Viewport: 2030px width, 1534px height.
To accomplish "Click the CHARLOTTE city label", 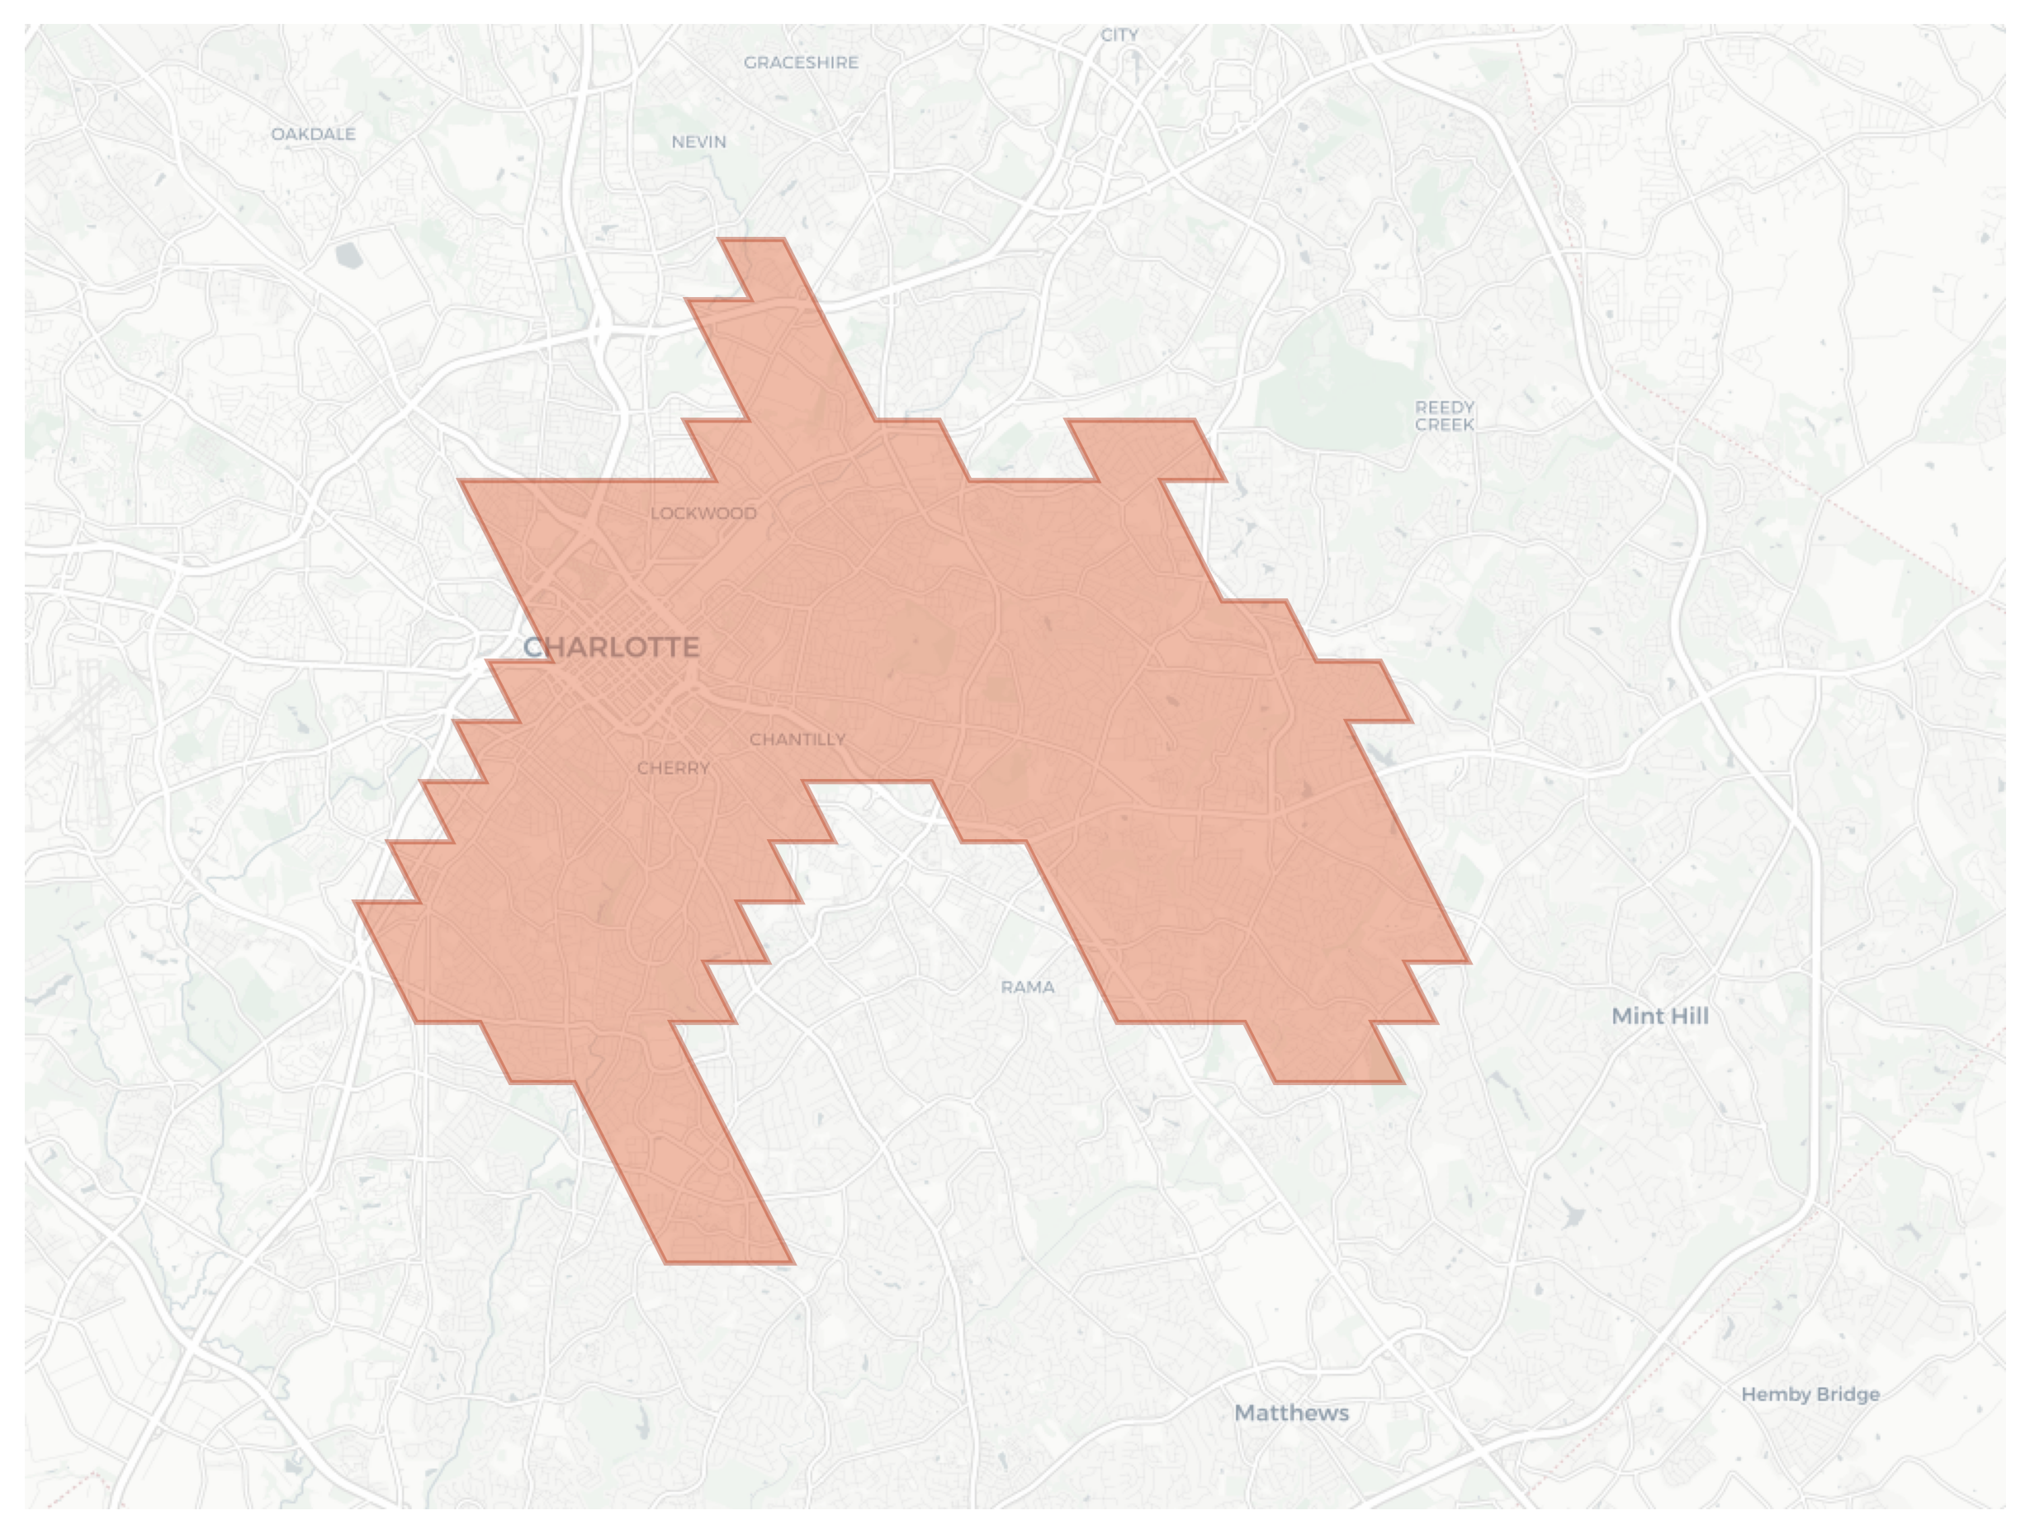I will coord(611,648).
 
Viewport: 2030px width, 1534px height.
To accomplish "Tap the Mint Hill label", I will coord(1660,1017).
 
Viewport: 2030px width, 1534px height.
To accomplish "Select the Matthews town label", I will coord(1291,1413).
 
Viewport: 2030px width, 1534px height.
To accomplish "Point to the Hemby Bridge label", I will coord(1810,1395).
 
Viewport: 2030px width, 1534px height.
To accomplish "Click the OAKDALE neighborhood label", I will coord(313,134).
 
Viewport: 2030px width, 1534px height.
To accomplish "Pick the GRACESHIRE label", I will coord(800,63).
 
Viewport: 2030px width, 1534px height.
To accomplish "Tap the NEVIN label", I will coord(698,142).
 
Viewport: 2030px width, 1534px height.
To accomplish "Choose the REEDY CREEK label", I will coord(1445,416).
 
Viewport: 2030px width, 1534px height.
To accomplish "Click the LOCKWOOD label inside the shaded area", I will coord(704,514).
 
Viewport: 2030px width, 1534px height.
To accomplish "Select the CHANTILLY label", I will coord(797,739).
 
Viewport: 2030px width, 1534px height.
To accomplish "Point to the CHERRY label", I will coord(674,768).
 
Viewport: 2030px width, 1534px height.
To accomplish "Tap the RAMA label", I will coord(1027,987).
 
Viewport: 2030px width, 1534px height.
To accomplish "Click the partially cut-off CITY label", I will coord(1119,35).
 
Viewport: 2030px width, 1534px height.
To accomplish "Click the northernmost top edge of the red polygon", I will coord(751,240).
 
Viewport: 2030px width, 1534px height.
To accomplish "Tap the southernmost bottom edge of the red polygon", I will coord(730,1263).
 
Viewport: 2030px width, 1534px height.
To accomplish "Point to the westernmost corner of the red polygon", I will coord(356,903).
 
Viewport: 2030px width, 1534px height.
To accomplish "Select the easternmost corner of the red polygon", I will coord(1469,962).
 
